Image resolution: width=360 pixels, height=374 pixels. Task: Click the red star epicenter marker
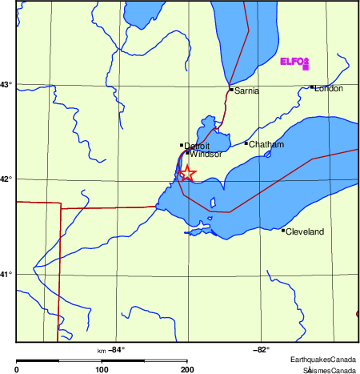(x=186, y=173)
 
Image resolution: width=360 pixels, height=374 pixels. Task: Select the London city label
(x=329, y=88)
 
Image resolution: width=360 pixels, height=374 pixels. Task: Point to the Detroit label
(x=197, y=147)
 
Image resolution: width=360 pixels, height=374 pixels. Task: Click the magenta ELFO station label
(x=294, y=61)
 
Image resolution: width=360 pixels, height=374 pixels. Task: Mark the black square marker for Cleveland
(x=283, y=230)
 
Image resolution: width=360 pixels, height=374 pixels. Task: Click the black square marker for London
(x=312, y=86)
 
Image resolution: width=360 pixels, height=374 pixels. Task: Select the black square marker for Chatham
(x=246, y=143)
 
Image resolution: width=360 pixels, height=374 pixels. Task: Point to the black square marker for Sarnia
(x=231, y=89)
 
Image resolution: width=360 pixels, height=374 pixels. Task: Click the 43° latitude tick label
(x=7, y=84)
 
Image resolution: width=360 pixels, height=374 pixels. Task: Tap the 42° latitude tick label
(x=7, y=179)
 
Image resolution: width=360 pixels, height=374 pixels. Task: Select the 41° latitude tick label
(x=7, y=274)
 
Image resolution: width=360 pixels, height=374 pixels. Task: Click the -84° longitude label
(x=117, y=349)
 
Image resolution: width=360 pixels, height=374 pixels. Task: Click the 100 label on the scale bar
(x=102, y=370)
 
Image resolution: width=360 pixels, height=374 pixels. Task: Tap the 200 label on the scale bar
(x=186, y=370)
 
